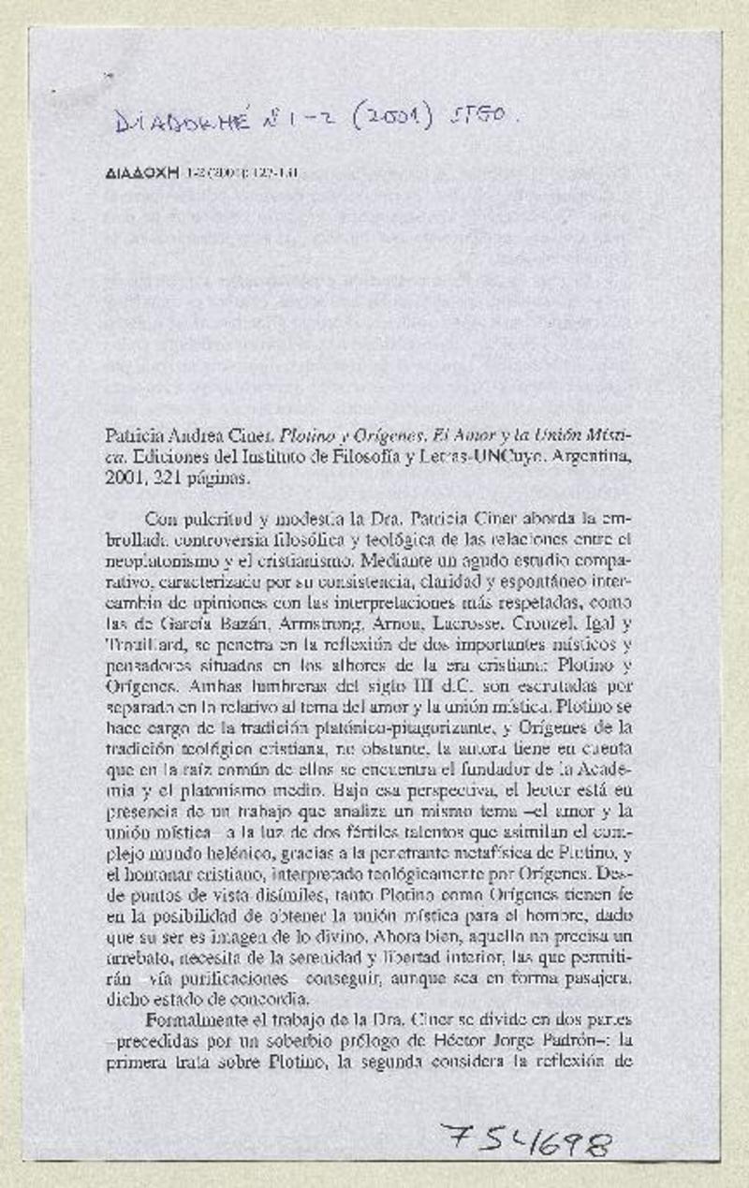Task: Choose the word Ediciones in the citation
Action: coord(169,459)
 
